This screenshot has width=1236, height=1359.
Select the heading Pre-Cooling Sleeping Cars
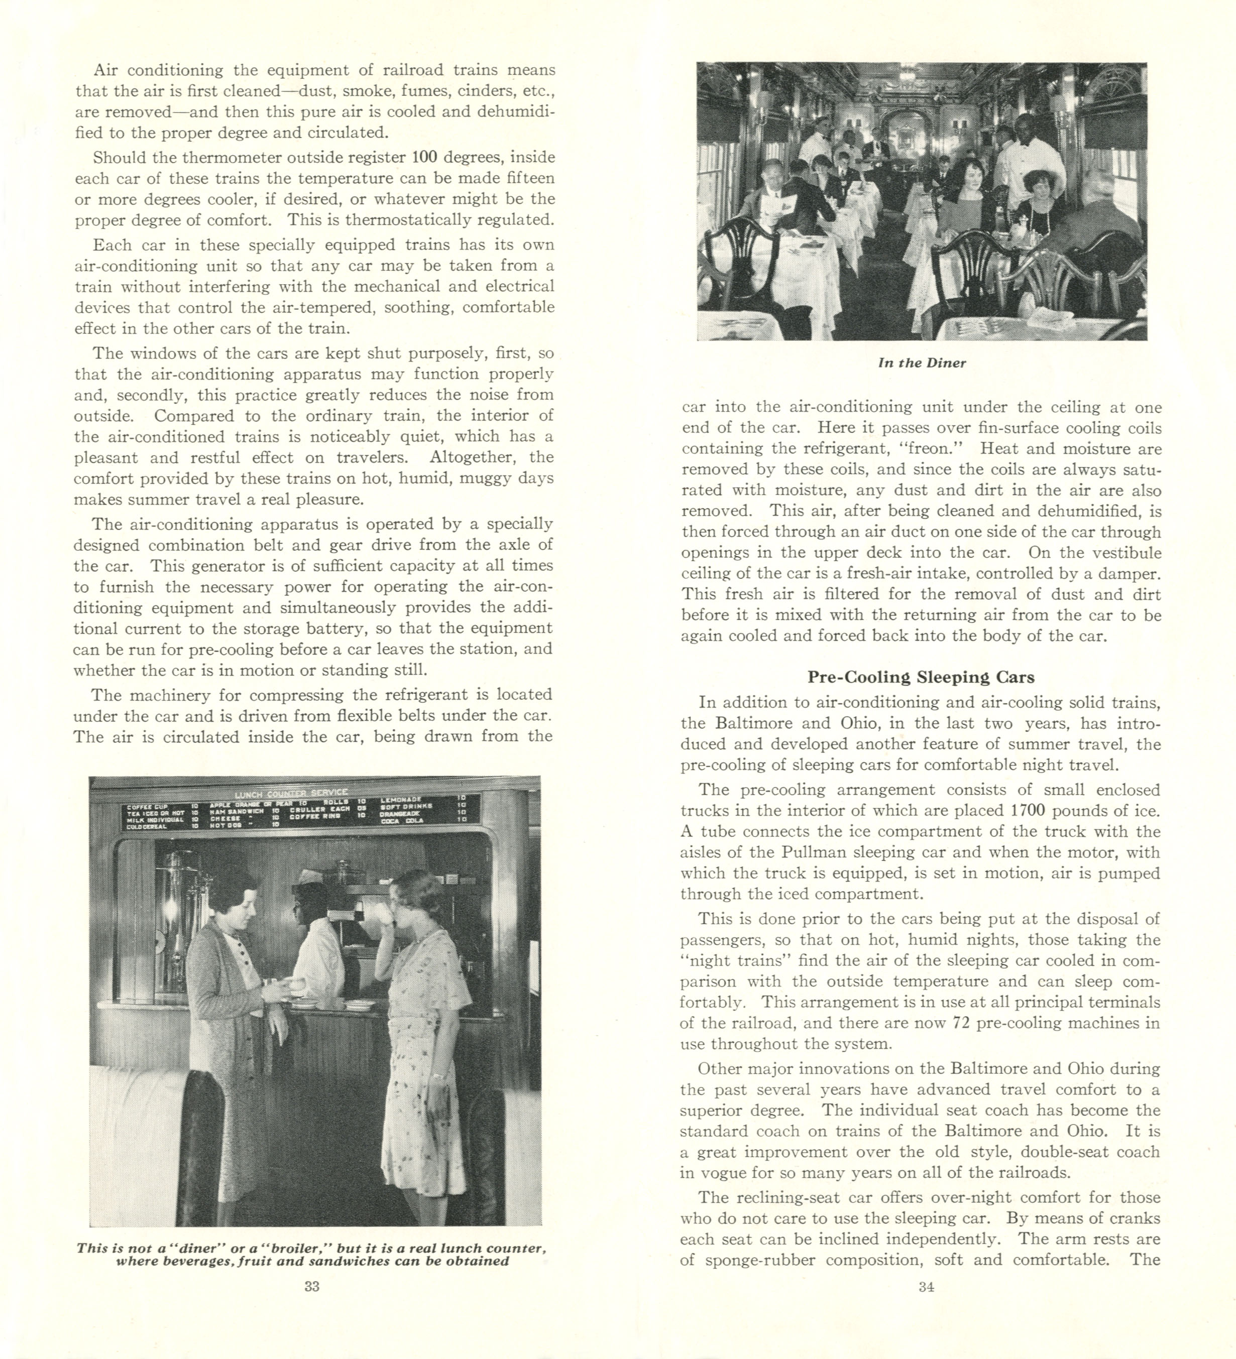(921, 677)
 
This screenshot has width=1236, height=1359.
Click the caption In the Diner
(921, 362)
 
